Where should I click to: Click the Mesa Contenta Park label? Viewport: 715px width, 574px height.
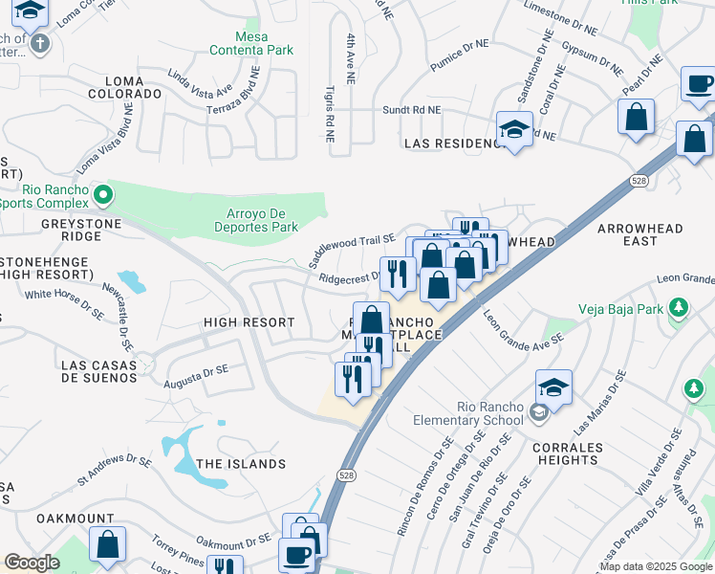click(251, 42)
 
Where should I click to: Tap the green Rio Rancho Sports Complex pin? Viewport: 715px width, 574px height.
click(104, 195)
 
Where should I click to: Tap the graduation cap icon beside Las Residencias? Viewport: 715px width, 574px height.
click(514, 130)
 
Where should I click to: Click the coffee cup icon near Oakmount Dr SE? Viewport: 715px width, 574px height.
click(295, 555)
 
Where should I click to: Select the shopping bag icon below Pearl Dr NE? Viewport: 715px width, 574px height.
click(636, 119)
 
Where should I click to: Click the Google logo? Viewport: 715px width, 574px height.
click(32, 562)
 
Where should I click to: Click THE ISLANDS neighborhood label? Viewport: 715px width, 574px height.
click(241, 464)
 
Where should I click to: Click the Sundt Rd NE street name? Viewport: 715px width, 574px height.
click(412, 110)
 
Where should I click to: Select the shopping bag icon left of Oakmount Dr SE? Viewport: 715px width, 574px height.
click(108, 545)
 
